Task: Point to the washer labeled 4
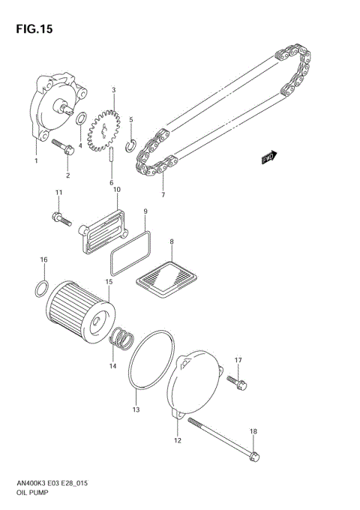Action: pos(81,118)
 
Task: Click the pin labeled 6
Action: pos(111,158)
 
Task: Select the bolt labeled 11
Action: pos(60,220)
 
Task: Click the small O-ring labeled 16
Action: pos(43,286)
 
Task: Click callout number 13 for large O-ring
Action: pos(136,409)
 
